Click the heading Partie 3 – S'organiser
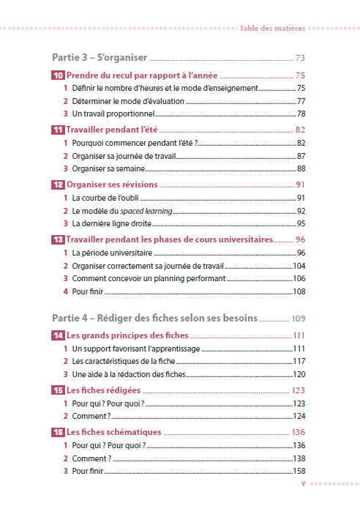(100, 57)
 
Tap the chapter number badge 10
(58, 75)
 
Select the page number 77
(301, 101)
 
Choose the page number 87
(301, 156)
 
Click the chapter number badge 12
(58, 185)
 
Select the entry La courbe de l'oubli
(105, 198)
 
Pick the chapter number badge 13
(58, 239)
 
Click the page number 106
(299, 279)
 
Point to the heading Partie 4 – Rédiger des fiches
(154, 319)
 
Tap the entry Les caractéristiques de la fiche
(127, 361)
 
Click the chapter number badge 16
(58, 432)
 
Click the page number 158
(299, 471)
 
